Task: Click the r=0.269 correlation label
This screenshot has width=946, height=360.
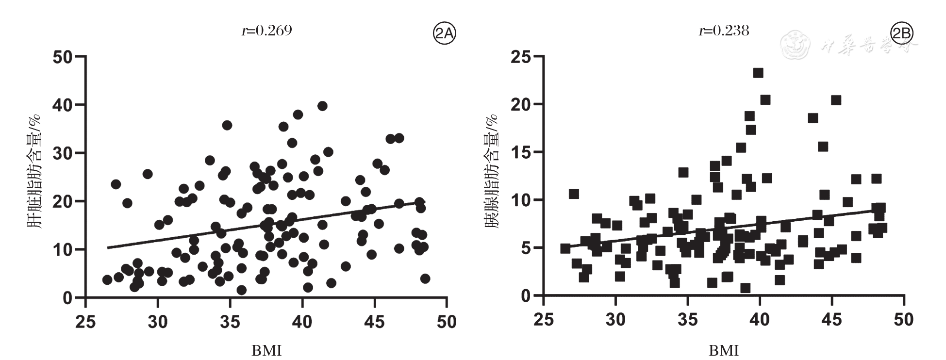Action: point(266,31)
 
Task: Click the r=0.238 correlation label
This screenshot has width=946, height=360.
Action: point(724,31)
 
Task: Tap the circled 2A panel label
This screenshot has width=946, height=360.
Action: point(444,33)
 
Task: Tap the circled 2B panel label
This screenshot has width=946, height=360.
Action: point(902,33)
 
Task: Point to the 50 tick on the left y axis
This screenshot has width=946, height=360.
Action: point(63,57)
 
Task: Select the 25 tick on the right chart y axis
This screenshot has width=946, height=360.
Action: point(521,57)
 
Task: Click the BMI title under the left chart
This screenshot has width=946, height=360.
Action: point(266,350)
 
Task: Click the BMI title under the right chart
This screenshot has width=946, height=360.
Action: point(724,350)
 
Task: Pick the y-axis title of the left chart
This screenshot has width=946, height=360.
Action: point(33,171)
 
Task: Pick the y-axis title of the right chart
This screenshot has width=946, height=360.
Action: point(491,171)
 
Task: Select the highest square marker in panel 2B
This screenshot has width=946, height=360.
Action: point(758,73)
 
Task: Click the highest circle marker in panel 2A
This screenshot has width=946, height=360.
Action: point(322,106)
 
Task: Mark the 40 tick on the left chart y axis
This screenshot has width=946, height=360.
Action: point(63,105)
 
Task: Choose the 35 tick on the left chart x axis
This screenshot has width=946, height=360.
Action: point(230,321)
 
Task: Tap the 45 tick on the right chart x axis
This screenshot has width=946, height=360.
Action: point(831,319)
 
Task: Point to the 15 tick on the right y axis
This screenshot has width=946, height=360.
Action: point(521,152)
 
